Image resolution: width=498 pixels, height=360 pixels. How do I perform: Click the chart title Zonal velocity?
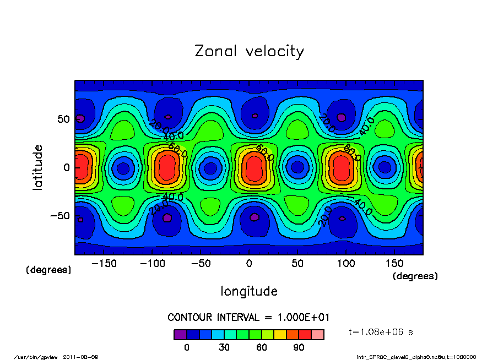(x=249, y=51)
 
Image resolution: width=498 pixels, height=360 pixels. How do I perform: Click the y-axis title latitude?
(x=37, y=167)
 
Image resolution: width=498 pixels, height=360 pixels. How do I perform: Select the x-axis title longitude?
(x=249, y=291)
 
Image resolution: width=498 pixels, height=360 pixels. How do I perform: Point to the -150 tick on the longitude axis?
(x=104, y=264)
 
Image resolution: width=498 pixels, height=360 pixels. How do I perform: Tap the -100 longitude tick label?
(x=152, y=264)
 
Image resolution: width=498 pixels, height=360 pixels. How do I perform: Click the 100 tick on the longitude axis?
(x=346, y=264)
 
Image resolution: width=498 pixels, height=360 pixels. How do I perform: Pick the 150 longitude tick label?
(x=394, y=264)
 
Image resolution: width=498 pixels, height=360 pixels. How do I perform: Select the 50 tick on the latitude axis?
(x=64, y=119)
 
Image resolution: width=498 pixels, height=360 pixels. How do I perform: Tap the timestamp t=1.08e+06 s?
(x=381, y=332)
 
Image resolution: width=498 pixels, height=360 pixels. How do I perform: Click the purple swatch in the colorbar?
(x=180, y=335)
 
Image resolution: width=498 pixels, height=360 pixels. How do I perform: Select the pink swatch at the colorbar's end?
(x=318, y=335)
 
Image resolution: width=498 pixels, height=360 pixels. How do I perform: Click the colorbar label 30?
(x=224, y=347)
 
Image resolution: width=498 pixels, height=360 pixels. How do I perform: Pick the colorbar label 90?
(x=299, y=347)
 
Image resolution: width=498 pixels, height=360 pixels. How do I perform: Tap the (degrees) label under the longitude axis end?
(x=415, y=276)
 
